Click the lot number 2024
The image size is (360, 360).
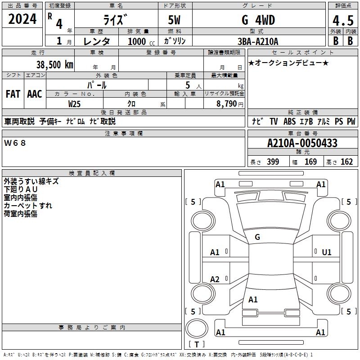coord(22,20)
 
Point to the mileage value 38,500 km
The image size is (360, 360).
coord(55,65)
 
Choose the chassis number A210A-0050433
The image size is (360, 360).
coord(302,143)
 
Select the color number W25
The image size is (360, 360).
coord(75,103)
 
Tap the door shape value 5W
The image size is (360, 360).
coord(175,20)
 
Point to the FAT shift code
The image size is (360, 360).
coord(13,94)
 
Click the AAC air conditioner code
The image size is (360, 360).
coord(34,94)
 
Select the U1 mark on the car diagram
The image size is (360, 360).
coord(326,252)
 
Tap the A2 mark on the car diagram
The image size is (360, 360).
coord(215,279)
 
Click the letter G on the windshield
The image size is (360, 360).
coord(257,237)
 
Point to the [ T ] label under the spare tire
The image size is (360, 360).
coord(196,344)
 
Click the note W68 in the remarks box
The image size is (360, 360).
coord(15,143)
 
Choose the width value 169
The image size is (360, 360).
coord(310,162)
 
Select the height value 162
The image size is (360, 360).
coord(346,162)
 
